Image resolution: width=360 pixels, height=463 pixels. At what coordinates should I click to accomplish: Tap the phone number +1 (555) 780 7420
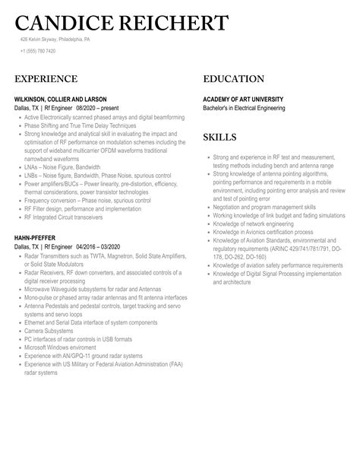(38, 51)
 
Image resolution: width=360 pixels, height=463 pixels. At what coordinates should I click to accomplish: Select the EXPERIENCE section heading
(46, 79)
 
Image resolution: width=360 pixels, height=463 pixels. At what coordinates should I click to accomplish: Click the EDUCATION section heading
(234, 79)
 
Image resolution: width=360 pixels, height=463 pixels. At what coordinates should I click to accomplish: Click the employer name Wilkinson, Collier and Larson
(61, 100)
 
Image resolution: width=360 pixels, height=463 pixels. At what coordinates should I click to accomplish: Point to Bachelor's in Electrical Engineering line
(254, 108)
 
